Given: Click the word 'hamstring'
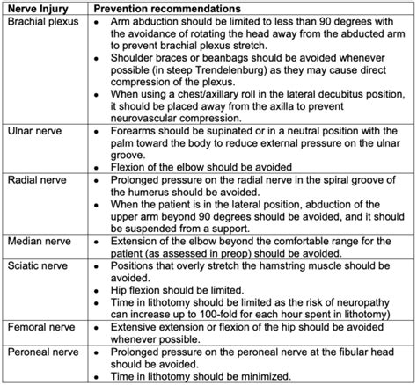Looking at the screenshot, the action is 282,266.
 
